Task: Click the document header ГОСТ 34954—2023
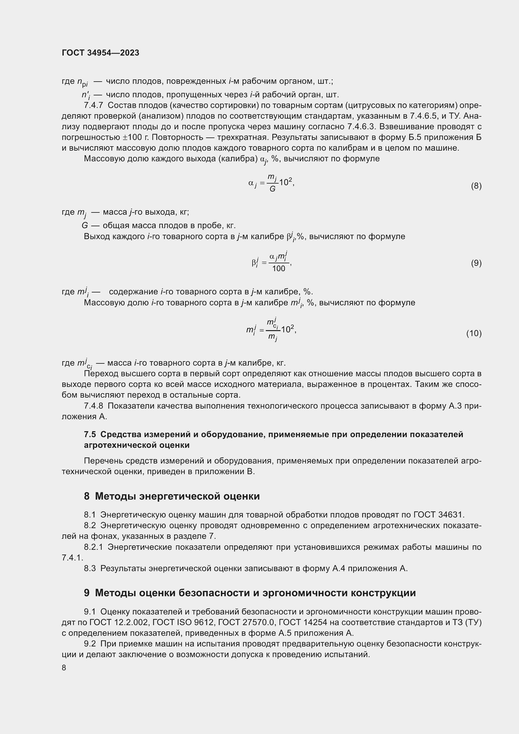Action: pos(100,53)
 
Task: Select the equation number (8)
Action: pos(476,186)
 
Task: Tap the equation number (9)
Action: pos(476,263)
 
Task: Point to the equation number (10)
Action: pos(474,334)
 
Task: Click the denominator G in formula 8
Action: pos(272,189)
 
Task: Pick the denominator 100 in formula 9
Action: pos(278,269)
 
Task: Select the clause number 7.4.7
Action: pos(93,105)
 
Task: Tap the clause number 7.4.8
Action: pos(93,406)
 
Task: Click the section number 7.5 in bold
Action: pos(90,434)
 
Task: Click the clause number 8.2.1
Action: pos(93,547)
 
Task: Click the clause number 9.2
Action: pos(90,644)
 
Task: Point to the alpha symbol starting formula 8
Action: pos(251,183)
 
